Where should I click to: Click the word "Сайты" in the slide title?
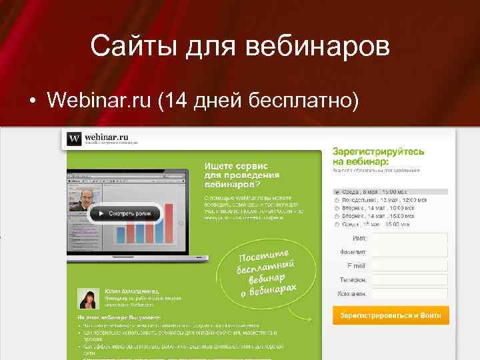click(125, 47)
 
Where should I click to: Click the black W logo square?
click(74, 139)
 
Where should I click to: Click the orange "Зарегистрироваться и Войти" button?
click(390, 315)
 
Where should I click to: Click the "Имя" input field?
click(409, 239)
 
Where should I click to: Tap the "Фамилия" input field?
click(409, 253)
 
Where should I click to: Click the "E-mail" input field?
click(409, 267)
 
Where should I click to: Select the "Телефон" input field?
click(409, 280)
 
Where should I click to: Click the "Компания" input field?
click(409, 294)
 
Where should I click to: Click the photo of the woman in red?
click(88, 299)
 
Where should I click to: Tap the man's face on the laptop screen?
click(87, 197)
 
